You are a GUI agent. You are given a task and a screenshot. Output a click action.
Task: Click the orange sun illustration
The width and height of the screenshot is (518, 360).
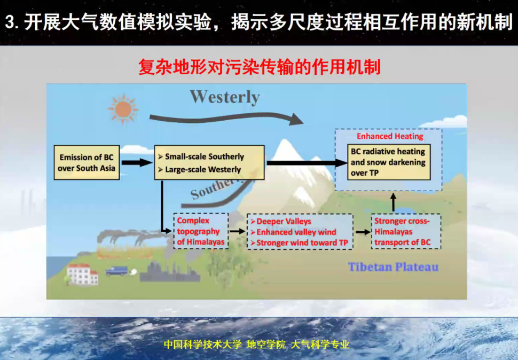click(123, 109)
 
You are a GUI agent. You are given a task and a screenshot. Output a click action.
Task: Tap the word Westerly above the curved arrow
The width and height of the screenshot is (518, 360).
click(225, 97)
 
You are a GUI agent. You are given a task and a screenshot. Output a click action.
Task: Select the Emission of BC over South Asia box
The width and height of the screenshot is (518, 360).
click(87, 162)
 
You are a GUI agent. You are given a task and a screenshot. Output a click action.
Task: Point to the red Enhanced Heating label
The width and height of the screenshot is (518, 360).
click(390, 136)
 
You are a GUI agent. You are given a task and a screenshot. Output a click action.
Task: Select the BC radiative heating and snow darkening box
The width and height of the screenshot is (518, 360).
click(389, 162)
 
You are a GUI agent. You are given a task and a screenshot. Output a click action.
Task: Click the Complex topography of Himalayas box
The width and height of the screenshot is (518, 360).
click(201, 231)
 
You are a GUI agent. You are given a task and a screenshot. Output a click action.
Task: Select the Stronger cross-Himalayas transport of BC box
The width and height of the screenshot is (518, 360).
click(406, 231)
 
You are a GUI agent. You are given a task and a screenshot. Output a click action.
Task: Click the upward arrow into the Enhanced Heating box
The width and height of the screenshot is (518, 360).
click(393, 202)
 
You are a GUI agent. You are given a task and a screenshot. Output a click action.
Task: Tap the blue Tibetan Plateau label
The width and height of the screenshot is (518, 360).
click(393, 267)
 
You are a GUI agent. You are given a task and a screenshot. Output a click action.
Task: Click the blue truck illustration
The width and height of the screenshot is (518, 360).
click(116, 271)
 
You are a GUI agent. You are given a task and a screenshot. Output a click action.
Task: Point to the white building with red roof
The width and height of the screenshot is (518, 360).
click(82, 274)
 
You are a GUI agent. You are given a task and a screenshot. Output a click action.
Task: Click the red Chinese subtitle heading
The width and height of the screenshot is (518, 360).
click(260, 67)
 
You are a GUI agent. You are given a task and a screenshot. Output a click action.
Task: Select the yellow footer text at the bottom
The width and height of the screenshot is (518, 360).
click(257, 345)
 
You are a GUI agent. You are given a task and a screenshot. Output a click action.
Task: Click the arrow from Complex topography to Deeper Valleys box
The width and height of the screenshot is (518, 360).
click(238, 231)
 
